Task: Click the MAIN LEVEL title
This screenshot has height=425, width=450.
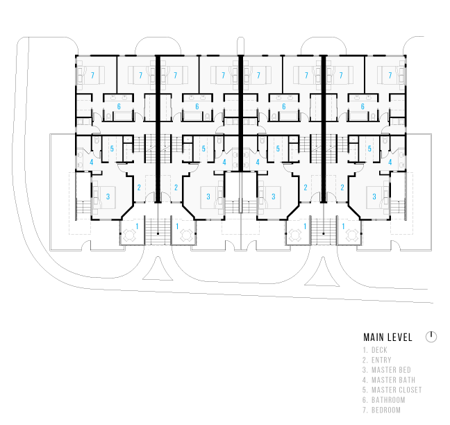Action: pos(387,337)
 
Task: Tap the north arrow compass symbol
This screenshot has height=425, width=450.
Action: pos(431,337)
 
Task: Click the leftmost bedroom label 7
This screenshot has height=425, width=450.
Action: pos(92,76)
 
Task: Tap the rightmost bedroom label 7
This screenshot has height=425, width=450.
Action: pos(390,76)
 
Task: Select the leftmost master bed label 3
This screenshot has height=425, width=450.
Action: pos(108,197)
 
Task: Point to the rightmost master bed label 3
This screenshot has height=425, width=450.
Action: pos(374,197)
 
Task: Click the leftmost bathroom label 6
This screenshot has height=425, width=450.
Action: pos(119,107)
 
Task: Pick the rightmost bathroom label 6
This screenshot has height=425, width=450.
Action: pos(362,107)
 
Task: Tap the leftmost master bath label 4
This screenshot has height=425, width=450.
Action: pos(91,162)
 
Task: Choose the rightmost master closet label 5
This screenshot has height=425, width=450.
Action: pos(369,149)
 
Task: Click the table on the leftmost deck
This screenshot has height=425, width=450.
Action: pos(129,235)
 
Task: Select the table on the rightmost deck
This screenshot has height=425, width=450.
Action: pos(352,235)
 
